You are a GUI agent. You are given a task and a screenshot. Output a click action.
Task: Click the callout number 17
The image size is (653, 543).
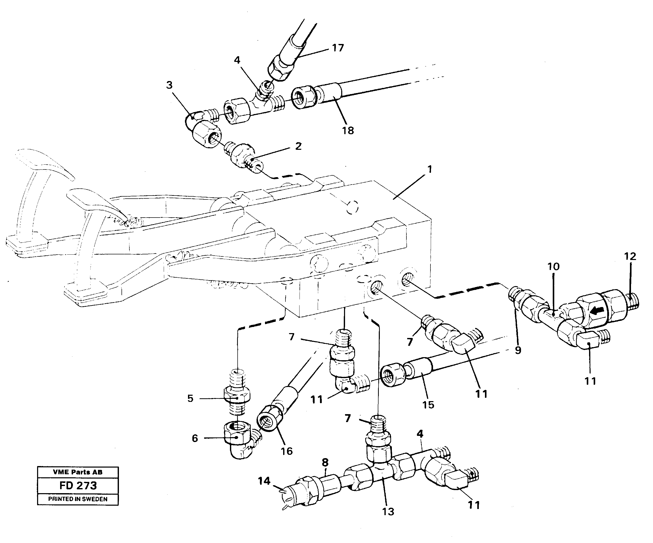pos(338,48)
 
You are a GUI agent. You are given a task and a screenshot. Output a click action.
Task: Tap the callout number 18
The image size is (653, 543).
pos(348,131)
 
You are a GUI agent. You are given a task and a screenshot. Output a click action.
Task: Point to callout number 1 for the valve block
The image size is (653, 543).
pos(429,169)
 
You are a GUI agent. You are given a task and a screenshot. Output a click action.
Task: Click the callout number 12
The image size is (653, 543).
pos(630,256)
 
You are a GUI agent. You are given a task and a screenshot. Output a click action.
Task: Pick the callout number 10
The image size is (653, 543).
pos(554,266)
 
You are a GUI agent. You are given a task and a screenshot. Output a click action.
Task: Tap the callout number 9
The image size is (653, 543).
pos(518,350)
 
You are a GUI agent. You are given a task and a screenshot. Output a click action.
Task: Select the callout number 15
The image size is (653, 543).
pos(428,405)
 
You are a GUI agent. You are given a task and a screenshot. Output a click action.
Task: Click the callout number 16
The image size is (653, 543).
pos(286,451)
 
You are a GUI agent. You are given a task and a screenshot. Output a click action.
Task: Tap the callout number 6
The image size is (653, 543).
pos(195,438)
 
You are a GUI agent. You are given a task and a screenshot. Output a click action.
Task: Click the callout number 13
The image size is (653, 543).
pos(388,511)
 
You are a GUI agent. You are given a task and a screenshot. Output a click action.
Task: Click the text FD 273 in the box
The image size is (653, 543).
pos(78,485)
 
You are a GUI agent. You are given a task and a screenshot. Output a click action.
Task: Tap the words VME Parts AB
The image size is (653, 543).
pos(78,472)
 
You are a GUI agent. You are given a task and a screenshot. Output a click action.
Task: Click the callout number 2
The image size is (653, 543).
pos(298,146)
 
